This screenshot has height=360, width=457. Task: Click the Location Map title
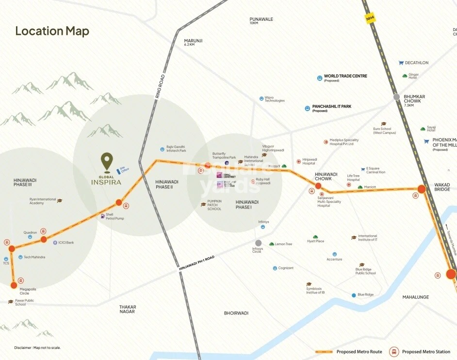click(x=52, y=31)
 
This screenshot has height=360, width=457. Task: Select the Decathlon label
click(x=416, y=63)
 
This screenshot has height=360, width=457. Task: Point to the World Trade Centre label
click(x=345, y=76)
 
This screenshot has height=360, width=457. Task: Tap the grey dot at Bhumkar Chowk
click(x=397, y=97)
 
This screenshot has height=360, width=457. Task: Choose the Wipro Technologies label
click(x=274, y=99)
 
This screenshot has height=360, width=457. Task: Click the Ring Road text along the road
click(x=160, y=86)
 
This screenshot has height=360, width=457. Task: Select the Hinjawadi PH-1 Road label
click(x=196, y=262)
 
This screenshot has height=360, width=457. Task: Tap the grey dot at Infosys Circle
click(x=258, y=243)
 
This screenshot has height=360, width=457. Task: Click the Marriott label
click(x=370, y=187)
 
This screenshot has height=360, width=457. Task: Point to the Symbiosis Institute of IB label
click(x=315, y=290)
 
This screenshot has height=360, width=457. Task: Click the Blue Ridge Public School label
click(x=365, y=271)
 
